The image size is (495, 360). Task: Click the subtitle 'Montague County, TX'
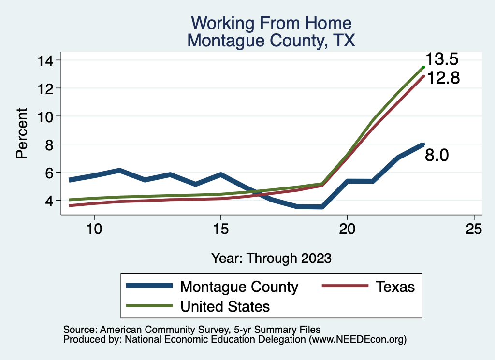tap(271, 41)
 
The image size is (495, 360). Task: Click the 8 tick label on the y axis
tap(51, 144)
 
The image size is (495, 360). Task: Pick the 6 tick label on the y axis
tap(51, 173)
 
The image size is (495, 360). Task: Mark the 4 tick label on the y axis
tap(51, 201)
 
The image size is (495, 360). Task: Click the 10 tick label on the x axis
tap(94, 229)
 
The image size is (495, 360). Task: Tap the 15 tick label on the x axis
tap(220, 229)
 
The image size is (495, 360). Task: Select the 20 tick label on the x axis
tap(348, 229)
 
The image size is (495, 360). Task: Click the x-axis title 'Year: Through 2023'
tap(271, 258)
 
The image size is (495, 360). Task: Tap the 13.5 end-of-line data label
tap(442, 59)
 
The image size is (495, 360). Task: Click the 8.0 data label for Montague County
tap(437, 155)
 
